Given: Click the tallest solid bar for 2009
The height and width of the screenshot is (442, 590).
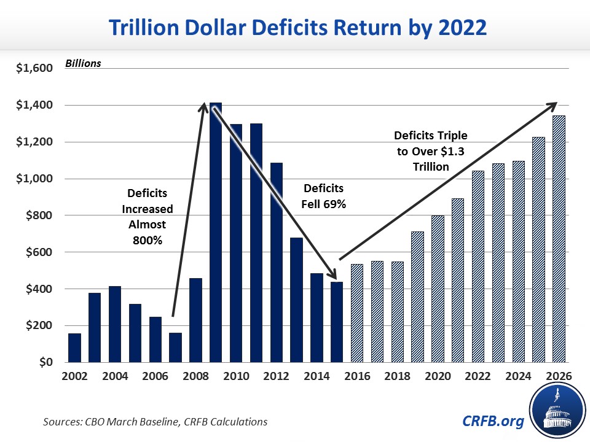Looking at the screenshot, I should [216, 233].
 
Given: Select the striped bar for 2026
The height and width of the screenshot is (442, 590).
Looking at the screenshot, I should [559, 239].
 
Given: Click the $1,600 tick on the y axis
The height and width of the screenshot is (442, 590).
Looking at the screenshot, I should [36, 68].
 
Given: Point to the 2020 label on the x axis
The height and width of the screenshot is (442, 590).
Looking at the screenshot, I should [438, 377].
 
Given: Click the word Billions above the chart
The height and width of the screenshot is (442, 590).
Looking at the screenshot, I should [84, 63].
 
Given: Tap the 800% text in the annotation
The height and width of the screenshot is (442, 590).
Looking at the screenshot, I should [147, 241].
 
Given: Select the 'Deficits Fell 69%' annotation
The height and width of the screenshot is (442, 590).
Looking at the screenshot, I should [324, 196].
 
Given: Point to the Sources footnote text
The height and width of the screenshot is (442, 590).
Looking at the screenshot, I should [155, 422].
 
